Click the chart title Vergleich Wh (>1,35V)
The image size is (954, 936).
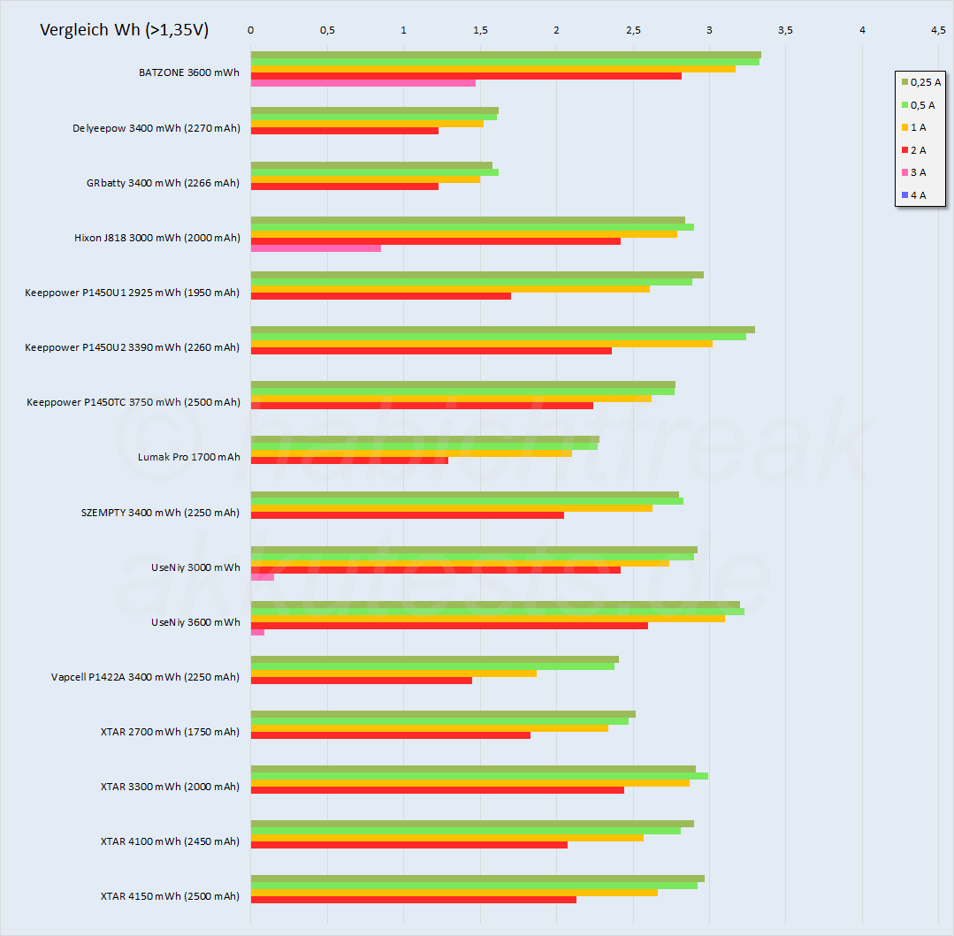point(125,30)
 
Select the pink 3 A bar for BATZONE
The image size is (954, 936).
point(363,83)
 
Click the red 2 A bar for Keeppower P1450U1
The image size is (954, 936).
point(380,296)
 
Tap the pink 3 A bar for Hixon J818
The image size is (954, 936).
point(316,248)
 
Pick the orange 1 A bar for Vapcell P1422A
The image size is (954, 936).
point(393,673)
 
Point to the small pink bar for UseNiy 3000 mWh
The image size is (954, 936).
point(262,577)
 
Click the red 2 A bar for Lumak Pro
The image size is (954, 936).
point(349,460)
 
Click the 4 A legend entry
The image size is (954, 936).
point(918,195)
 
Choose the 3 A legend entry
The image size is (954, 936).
point(918,172)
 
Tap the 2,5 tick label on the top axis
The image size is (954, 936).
point(632,30)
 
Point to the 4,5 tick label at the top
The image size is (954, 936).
point(938,30)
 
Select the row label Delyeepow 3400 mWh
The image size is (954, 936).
point(156,128)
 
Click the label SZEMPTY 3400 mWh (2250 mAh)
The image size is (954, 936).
point(160,513)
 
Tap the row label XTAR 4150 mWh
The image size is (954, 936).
point(170,896)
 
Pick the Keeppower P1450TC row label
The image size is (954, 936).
point(133,402)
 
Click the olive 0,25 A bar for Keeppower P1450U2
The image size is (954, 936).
point(502,330)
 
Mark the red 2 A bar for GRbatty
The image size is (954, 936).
point(344,186)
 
